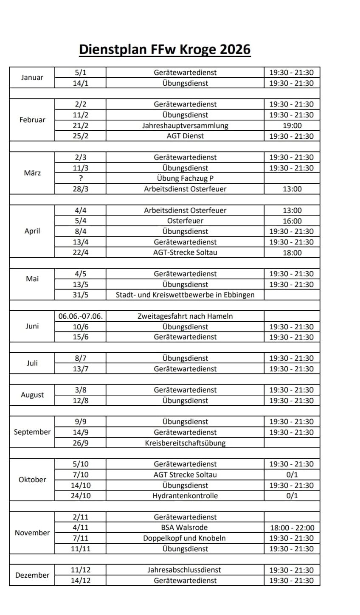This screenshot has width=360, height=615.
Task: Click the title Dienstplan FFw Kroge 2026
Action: point(165,49)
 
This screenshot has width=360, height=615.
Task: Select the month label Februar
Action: point(32,120)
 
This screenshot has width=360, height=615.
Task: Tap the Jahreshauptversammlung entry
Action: point(185,126)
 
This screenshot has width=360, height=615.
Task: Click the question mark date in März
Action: point(80,178)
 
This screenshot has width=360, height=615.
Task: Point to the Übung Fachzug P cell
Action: point(185,178)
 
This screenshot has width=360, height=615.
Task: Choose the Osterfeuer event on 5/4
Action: point(185,221)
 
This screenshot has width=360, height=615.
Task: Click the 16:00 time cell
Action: point(292,221)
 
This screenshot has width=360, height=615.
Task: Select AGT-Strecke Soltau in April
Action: point(185,253)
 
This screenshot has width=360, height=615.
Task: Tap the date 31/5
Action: point(80,295)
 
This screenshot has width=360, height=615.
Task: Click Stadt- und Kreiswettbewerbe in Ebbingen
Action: point(185,295)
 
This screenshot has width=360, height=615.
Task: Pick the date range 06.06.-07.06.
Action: point(80,316)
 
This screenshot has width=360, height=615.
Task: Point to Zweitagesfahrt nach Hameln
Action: point(185,316)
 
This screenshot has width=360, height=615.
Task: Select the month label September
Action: point(32,432)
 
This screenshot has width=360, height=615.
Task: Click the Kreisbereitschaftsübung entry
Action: point(185,443)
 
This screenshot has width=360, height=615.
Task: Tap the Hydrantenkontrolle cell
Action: point(185,496)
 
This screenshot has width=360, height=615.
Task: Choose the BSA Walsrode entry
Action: point(185,528)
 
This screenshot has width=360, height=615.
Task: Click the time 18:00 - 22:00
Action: point(292,528)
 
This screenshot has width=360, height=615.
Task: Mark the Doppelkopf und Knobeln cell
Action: point(185,538)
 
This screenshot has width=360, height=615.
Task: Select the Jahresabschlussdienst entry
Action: point(185,570)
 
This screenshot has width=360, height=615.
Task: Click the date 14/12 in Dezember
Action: point(80,581)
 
